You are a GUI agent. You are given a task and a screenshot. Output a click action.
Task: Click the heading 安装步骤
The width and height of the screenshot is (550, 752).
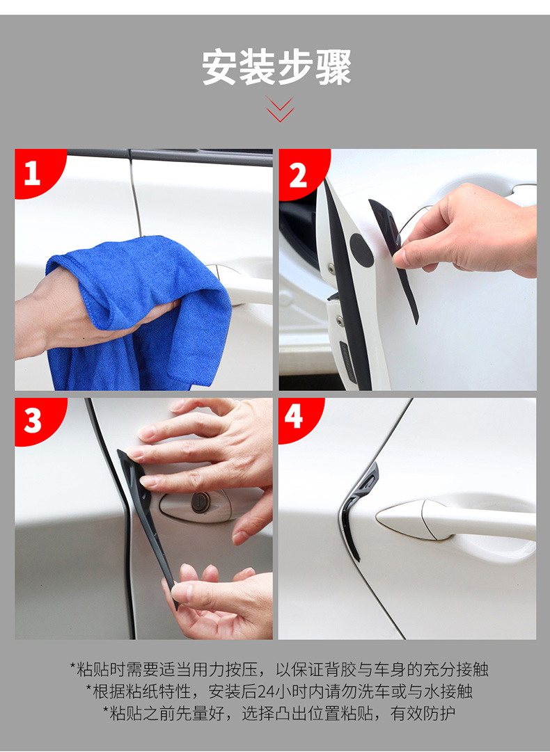(277, 67)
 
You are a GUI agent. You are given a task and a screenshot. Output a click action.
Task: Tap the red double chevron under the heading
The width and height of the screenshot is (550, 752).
(280, 109)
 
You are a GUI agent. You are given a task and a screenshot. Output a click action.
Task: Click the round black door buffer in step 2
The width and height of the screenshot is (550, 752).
(361, 250)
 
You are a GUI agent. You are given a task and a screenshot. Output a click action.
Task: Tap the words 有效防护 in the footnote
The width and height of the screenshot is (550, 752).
(423, 714)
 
